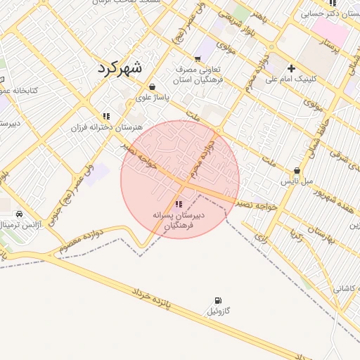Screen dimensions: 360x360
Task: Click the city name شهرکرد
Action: point(117,68)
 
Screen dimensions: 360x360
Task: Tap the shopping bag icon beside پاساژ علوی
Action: point(153,87)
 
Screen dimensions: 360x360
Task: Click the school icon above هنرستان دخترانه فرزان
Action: point(106,116)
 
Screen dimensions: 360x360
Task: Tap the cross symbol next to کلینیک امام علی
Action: point(292,68)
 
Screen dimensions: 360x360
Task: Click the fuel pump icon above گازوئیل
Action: point(218,300)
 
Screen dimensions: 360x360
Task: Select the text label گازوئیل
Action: point(218,311)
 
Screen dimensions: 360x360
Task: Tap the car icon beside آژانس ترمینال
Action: point(19,214)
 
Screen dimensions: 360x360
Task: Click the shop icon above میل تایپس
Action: point(297,171)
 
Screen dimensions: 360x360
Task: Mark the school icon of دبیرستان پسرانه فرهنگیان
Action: point(177,204)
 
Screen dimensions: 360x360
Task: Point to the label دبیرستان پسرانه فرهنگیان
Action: point(179,220)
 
